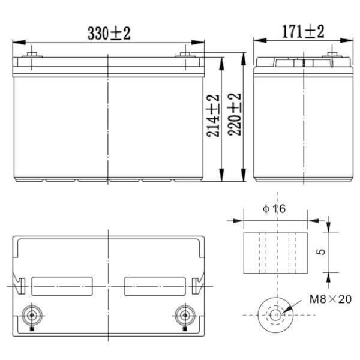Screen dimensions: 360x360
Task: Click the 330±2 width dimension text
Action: coord(109,34)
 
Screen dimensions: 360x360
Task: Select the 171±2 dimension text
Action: coord(303,32)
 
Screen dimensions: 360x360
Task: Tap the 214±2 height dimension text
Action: coord(213,116)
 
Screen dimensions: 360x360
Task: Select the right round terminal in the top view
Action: coord(182,314)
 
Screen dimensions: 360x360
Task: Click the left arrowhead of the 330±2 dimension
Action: coord(17,43)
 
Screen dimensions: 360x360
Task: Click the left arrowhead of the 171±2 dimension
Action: coord(257,41)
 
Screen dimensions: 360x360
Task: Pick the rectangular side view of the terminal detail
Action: coord(275,252)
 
